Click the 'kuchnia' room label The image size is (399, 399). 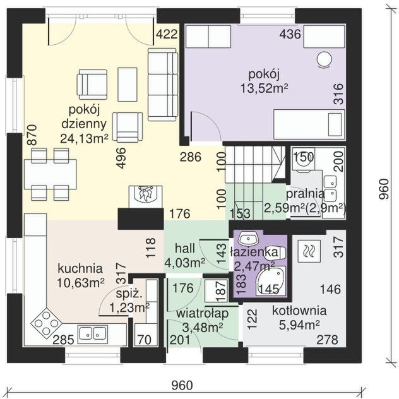80,269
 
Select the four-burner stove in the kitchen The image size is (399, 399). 47,323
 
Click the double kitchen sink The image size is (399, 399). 93,333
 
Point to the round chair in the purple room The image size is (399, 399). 325,60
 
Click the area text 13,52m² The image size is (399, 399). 265,88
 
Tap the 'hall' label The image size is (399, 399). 185,248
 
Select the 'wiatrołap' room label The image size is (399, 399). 202,314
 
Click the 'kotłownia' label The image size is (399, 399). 299,311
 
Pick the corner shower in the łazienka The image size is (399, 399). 271,281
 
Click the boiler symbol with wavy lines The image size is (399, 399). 309,251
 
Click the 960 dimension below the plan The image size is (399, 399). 182,385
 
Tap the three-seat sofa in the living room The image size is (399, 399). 163,85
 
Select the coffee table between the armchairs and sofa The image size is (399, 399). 128,84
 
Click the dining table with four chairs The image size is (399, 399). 51,174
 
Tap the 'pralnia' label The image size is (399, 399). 306,194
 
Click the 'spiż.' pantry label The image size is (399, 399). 129,294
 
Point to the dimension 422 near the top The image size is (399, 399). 167,34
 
